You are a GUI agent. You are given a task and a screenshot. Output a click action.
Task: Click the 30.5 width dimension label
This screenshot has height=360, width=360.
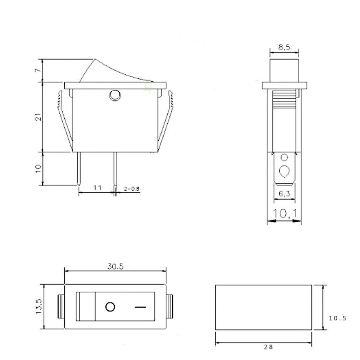click(115, 266)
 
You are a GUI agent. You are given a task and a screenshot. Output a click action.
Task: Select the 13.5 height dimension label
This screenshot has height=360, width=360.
click(39, 306)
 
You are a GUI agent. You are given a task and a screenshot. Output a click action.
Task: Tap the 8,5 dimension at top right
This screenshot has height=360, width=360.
click(284, 47)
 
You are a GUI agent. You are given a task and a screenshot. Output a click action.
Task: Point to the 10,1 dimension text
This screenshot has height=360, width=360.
click(284, 214)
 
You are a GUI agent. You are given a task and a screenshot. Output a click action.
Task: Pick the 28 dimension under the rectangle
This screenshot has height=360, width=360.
click(268, 347)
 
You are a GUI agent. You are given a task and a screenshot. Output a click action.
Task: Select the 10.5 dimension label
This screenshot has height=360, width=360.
click(338, 318)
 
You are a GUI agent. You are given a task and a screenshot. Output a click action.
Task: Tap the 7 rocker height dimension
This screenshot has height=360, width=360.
click(38, 71)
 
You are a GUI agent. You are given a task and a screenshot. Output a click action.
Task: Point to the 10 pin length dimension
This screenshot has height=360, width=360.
click(39, 168)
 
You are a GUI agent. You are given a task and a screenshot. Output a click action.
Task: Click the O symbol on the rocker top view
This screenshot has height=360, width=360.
click(110, 307)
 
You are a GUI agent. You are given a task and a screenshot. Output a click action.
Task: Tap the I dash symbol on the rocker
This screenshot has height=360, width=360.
click(141, 307)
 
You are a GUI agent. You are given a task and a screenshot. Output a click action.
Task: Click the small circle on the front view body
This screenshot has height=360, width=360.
click(115, 95)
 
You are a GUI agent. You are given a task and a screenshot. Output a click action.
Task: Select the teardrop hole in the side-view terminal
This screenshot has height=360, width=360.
click(284, 170)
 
